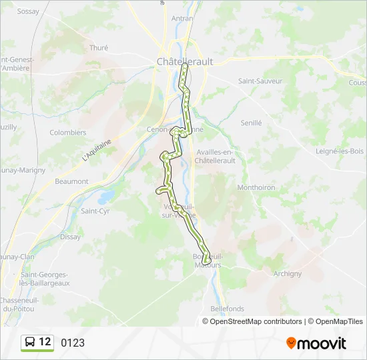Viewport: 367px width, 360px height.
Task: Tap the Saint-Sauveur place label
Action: (x=260, y=81)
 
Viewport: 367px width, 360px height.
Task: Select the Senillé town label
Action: (x=252, y=123)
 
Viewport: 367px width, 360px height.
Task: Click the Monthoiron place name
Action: (x=256, y=188)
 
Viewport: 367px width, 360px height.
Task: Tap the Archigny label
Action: (x=288, y=273)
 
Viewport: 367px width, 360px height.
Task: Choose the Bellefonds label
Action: (x=228, y=309)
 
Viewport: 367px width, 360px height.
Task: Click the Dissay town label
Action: (x=70, y=237)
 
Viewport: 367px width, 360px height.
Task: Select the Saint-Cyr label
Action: (x=95, y=211)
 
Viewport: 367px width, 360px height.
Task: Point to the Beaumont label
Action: (x=71, y=181)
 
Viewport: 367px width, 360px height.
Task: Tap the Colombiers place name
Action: (x=68, y=133)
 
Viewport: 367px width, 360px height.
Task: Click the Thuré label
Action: (x=98, y=48)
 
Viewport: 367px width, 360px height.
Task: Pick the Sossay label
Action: (x=28, y=11)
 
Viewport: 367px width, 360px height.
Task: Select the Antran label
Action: (x=182, y=19)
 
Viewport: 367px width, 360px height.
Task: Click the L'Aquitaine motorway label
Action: (x=96, y=147)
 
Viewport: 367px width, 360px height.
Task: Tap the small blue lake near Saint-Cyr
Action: (x=105, y=197)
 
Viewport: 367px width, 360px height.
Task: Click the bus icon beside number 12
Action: (x=30, y=343)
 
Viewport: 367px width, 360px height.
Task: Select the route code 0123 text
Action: (x=73, y=343)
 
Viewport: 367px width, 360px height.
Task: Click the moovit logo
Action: (x=316, y=343)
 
